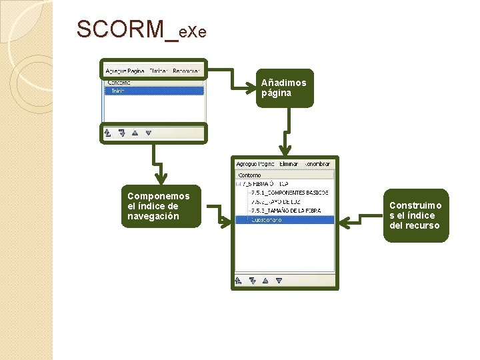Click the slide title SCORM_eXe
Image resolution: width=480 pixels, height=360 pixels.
coord(142,30)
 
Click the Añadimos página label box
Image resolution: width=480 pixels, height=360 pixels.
coord(284,88)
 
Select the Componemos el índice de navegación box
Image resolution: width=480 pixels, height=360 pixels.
coord(160,206)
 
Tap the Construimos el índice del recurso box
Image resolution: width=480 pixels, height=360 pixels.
coord(415,215)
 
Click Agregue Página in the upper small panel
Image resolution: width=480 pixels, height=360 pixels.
coord(125,70)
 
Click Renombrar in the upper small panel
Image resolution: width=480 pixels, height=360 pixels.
coord(186,70)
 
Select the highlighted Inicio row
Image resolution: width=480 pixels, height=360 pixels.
coord(154,91)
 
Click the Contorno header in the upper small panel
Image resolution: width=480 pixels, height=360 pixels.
coord(119,83)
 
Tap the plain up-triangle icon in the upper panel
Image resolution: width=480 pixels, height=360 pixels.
coord(135,133)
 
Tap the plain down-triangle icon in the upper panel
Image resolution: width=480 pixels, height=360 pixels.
coord(149,133)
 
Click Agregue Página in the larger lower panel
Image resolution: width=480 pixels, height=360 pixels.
coord(255,163)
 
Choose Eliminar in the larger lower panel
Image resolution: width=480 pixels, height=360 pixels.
coord(289,163)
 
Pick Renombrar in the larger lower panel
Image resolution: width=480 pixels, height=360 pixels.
coord(317,163)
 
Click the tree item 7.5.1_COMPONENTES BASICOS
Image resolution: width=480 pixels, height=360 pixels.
coord(289,193)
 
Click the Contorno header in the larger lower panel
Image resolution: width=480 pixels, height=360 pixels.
coord(250,175)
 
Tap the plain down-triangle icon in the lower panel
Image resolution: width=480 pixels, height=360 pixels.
coord(279,281)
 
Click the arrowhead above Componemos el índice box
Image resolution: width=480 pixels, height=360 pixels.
coord(160,179)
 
